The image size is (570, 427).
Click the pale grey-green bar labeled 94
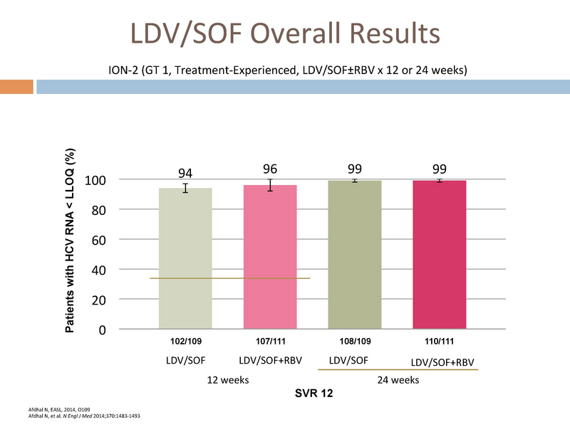[x=185, y=258]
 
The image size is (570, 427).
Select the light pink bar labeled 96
[x=270, y=257]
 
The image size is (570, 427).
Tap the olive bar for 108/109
[x=355, y=255]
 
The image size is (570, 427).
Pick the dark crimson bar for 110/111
[x=440, y=255]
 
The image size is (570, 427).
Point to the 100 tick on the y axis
[x=95, y=180]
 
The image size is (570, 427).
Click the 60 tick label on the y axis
[x=98, y=240]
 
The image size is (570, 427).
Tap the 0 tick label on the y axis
[x=103, y=330]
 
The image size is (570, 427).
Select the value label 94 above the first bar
[x=185, y=173]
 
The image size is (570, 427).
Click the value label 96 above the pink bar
[x=270, y=169]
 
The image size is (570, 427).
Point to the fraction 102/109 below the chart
[x=186, y=342]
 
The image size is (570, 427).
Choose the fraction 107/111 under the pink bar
[x=271, y=342]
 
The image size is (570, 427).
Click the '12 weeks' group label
[x=228, y=380]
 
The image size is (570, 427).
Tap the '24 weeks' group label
[x=398, y=380]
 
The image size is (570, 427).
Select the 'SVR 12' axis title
[x=313, y=394]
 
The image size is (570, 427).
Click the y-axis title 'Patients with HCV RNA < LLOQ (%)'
[x=70, y=241]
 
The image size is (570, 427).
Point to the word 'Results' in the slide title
[x=395, y=33]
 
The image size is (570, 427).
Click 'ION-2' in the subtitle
[x=123, y=70]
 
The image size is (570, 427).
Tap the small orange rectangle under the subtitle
[x=16, y=87]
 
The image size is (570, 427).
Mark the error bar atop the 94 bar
[x=185, y=188]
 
